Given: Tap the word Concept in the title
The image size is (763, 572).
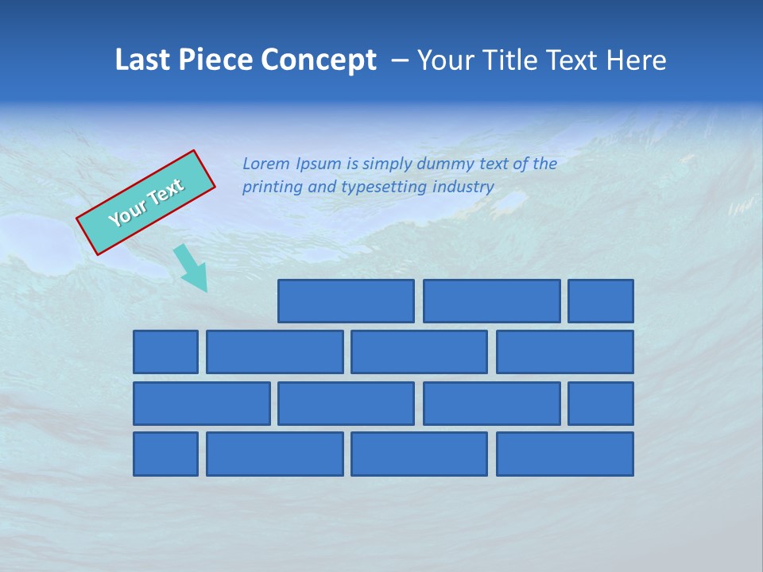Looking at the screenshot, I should pos(319,60).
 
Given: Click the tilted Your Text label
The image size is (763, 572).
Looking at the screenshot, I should pos(146,203).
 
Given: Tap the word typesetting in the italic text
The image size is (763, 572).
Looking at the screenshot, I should pos(385,187).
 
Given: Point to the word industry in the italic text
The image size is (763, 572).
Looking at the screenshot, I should pos(463,187).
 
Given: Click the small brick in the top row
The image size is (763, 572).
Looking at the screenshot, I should pos(601,301).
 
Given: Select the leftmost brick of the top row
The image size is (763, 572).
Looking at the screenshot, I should pos(346,301).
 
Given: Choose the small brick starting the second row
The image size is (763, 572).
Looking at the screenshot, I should pos(165,352).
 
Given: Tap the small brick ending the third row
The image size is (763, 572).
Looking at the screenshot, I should pos(601,404).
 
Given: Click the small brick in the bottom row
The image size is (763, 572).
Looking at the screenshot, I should pos(165,454).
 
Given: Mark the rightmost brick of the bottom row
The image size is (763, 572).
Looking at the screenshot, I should pos(565,454).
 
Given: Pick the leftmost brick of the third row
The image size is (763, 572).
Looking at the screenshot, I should pos(201,404).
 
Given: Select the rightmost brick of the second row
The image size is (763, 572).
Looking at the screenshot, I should pos(565,352).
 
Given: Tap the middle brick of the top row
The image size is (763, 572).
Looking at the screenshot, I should pos(491,301).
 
